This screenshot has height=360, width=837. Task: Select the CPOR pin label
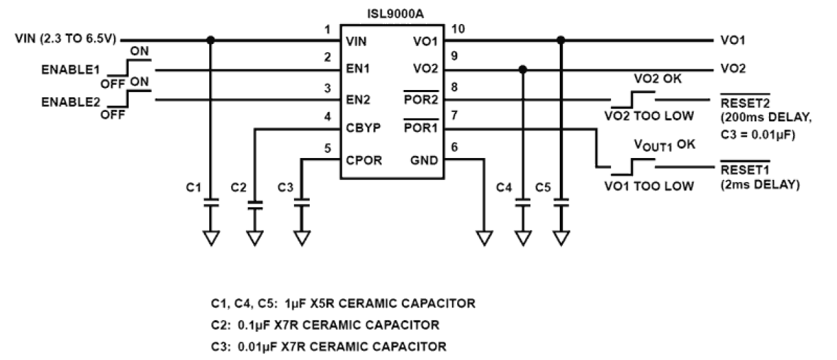[364, 160]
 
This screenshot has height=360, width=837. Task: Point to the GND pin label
[424, 160]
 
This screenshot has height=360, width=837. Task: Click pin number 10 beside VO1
[459, 28]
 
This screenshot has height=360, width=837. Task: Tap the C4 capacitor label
[504, 189]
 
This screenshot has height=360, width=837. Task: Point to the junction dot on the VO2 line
[523, 69]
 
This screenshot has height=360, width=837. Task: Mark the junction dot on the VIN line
[211, 40]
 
